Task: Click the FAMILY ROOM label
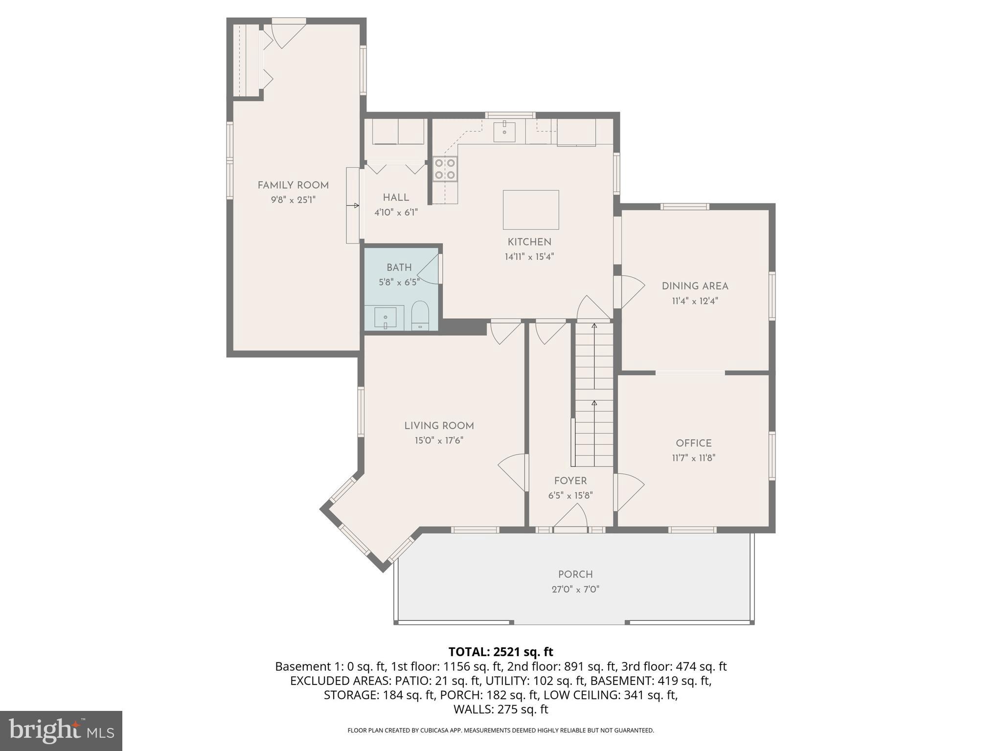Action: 293,185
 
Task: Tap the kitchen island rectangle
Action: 530,210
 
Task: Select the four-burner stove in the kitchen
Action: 445,169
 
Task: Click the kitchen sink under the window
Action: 504,132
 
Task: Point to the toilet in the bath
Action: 420,316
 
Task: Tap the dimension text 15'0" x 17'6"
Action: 439,441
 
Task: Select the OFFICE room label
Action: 693,443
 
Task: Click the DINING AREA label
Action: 695,287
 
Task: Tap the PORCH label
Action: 575,574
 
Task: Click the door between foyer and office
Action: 630,491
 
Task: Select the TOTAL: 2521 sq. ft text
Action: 501,652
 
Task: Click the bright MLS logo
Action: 61,730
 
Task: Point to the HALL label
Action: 396,198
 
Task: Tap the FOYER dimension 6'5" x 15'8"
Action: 570,496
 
